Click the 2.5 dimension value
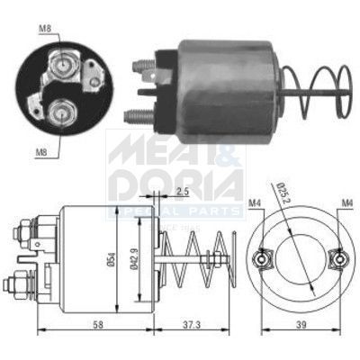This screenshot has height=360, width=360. [x=182, y=192]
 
